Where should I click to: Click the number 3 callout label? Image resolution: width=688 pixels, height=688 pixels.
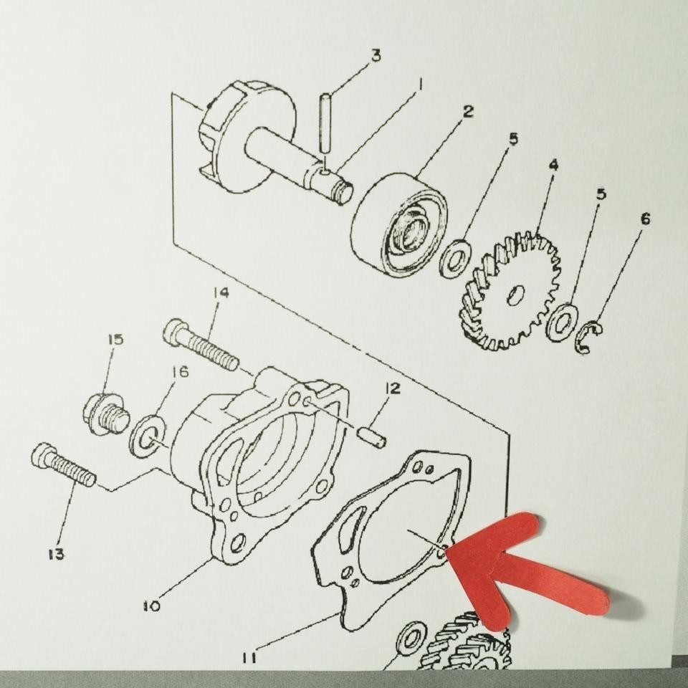tap(375, 56)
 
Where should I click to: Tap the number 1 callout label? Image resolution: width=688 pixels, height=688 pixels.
tap(420, 85)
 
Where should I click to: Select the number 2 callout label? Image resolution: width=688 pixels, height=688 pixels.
tap(467, 112)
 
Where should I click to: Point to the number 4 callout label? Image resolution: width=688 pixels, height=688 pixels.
tap(553, 166)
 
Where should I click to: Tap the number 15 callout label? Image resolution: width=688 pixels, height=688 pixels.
tap(115, 340)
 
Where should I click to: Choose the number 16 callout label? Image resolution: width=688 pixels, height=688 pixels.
tap(179, 373)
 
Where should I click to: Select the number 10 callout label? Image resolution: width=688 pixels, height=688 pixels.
tap(151, 606)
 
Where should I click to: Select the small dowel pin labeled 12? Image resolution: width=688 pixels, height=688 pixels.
tap(372, 435)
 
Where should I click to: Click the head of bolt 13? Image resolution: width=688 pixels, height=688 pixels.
tap(44, 456)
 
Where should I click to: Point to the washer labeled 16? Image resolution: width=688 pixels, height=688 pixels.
tap(147, 436)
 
